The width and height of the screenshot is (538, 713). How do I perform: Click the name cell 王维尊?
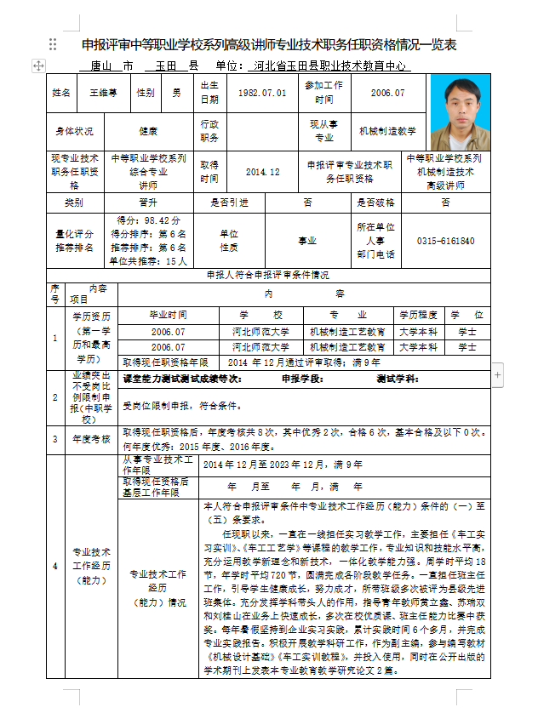[101, 93]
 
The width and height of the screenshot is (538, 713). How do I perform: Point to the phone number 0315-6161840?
[445, 241]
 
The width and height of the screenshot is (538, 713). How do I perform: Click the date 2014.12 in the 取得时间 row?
[262, 172]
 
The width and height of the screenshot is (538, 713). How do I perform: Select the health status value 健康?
[148, 131]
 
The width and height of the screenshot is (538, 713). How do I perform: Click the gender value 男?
[176, 93]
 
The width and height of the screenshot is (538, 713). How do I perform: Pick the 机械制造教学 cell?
[387, 131]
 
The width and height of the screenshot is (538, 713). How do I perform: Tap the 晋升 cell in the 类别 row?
[148, 202]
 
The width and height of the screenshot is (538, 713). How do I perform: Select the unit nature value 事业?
[306, 241]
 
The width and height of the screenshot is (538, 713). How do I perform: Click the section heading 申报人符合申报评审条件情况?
[267, 275]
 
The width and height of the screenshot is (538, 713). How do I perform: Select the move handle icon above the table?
[37, 66]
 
